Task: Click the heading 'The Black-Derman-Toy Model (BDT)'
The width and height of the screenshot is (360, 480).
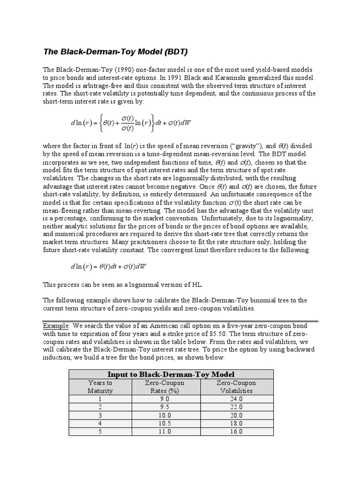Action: pos(115,51)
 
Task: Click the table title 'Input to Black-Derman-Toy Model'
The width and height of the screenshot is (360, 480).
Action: pos(171,374)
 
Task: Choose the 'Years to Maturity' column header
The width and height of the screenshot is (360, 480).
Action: pos(100,387)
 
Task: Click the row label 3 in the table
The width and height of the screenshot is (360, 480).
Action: pos(100,415)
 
